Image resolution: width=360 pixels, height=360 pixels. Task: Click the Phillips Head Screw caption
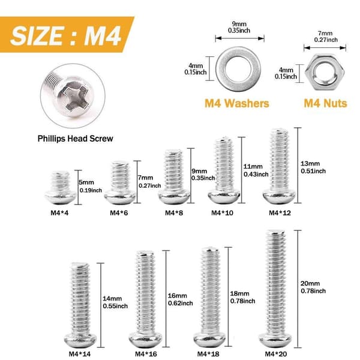(x=76, y=139)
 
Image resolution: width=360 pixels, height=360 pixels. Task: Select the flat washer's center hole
(x=238, y=68)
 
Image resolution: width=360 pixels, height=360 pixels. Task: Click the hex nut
(x=325, y=73)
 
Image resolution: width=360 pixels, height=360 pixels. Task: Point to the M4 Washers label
(x=237, y=103)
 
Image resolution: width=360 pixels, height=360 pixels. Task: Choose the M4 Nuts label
(x=325, y=103)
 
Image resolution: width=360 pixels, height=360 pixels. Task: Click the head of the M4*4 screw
(x=61, y=197)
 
